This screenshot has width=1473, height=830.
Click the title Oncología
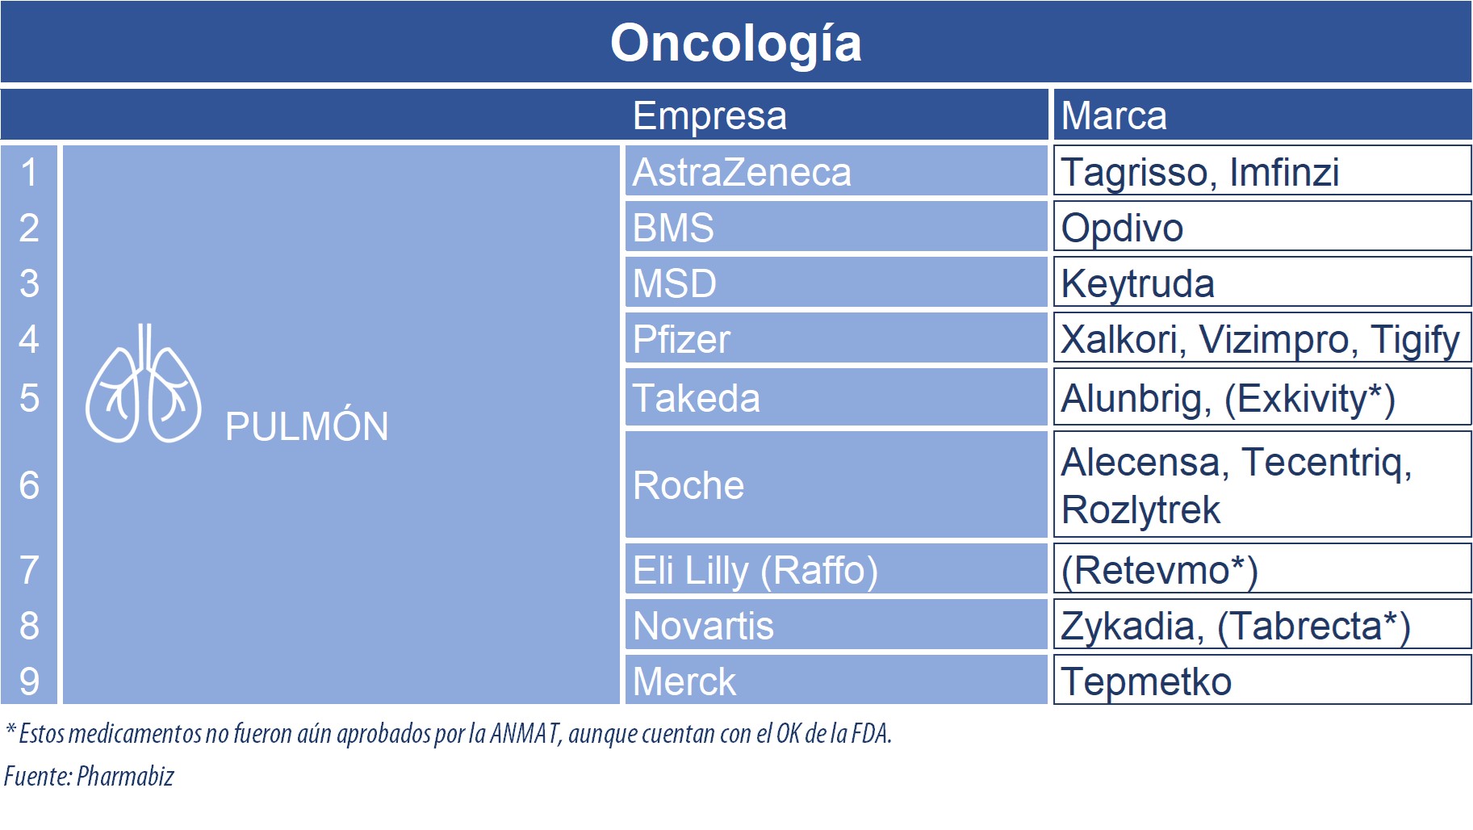[735, 44]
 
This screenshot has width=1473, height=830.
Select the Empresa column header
[709, 115]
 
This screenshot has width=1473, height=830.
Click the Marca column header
[1113, 115]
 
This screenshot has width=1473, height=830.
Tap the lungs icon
[144, 384]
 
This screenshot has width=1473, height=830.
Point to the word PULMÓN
[307, 425]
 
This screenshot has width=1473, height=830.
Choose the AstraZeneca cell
[836, 171]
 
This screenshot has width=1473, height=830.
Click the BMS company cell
[836, 227]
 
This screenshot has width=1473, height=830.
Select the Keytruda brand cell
[1262, 283]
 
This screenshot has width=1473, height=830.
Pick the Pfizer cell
[836, 338]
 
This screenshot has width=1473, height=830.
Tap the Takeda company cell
[836, 397]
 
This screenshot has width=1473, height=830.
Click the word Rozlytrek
[1140, 510]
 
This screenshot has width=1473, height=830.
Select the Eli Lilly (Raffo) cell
[836, 569]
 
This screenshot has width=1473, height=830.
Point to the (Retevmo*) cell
[1262, 569]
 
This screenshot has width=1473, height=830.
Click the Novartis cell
[836, 625]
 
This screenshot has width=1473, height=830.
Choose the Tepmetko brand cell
[1262, 680]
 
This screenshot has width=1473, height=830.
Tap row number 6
[29, 485]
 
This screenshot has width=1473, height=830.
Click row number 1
[29, 172]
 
